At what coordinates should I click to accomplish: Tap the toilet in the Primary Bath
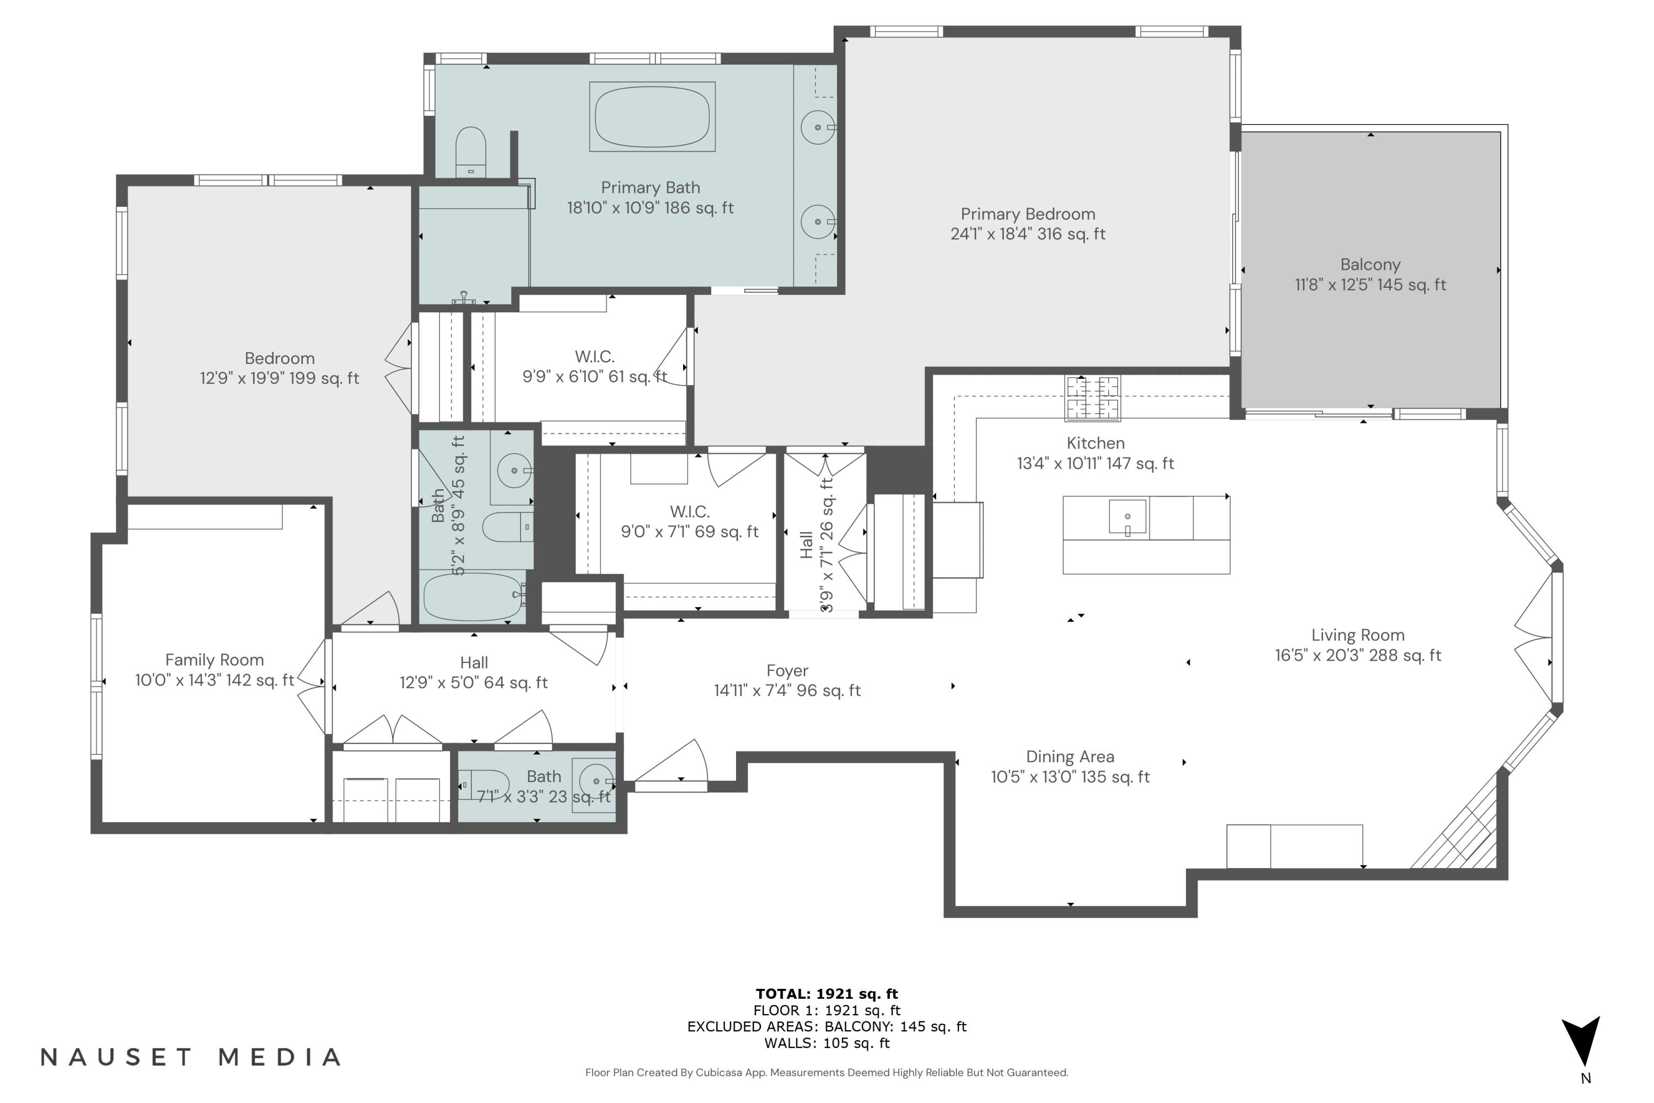[x=470, y=151]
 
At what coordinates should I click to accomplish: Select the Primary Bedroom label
[x=1028, y=224]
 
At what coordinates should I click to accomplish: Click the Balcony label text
[x=1370, y=265]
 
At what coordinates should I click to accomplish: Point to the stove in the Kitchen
[x=1092, y=398]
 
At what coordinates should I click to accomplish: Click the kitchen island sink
[x=1127, y=518]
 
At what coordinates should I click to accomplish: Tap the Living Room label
[x=1357, y=636]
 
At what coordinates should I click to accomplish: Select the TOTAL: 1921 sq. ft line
[x=826, y=994]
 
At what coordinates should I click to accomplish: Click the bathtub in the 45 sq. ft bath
[x=472, y=597]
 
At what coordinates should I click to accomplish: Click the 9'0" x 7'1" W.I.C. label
[x=689, y=522]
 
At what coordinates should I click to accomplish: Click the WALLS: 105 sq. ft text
[x=826, y=1043]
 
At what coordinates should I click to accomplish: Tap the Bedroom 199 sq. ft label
[x=279, y=368]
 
